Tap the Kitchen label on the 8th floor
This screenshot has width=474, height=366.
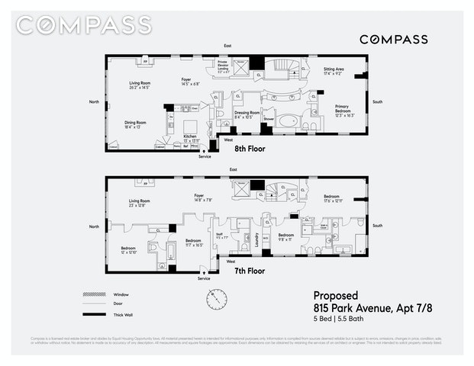(x=190, y=138)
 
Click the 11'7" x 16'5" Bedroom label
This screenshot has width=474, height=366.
(x=194, y=243)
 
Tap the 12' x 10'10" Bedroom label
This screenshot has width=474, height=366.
(x=127, y=249)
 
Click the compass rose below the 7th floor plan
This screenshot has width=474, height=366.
(x=216, y=299)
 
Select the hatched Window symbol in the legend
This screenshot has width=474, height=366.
(x=92, y=294)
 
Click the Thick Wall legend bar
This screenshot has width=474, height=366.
(x=92, y=314)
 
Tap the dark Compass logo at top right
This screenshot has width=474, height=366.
(x=393, y=39)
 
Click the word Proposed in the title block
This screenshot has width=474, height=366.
(x=335, y=295)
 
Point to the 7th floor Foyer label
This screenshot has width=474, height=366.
(x=203, y=197)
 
